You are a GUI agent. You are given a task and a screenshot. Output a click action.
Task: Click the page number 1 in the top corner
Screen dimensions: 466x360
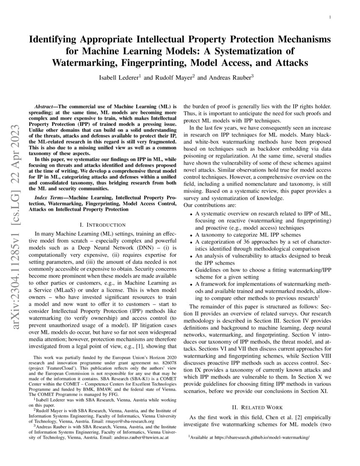pos(330,17)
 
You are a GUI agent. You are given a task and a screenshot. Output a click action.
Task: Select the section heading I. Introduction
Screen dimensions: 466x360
pos(102,225)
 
